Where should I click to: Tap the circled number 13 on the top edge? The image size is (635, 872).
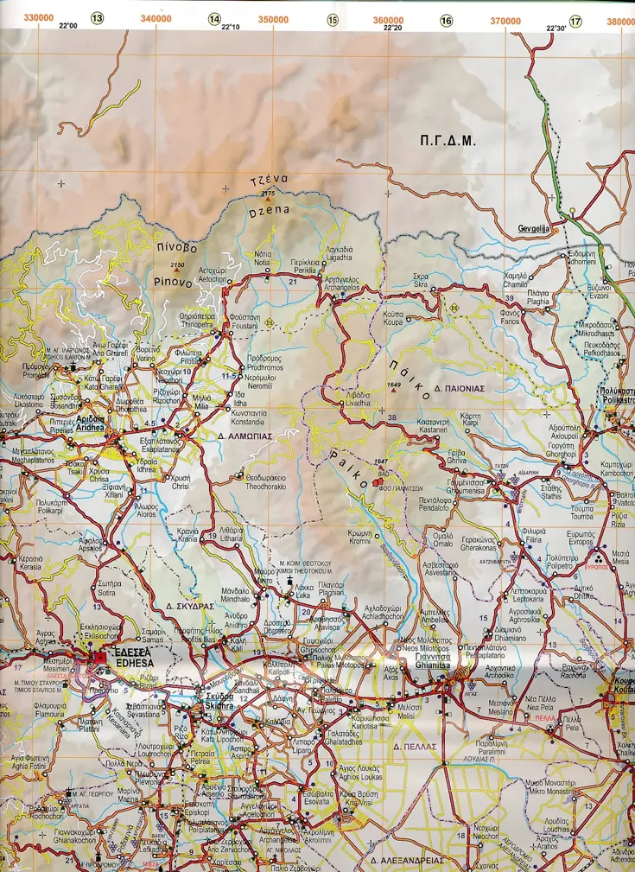coord(98,18)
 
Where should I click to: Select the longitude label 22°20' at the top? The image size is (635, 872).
coord(391,28)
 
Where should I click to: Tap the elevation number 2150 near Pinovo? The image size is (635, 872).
coord(178,265)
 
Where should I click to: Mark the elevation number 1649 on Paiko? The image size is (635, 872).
coord(396,383)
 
